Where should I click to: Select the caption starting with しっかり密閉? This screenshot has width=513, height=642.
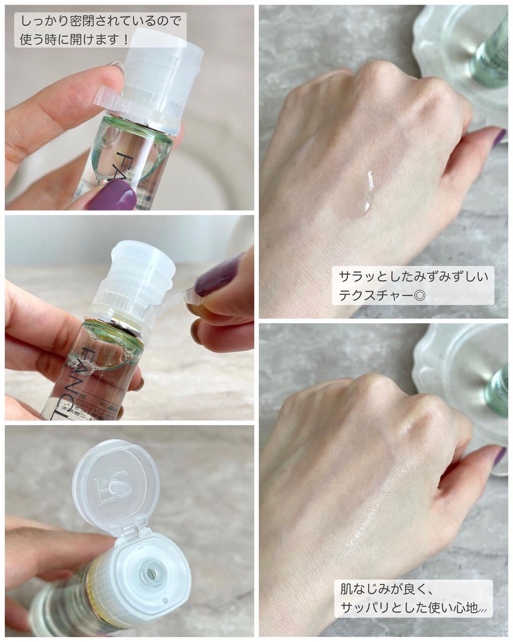tap(100, 30)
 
